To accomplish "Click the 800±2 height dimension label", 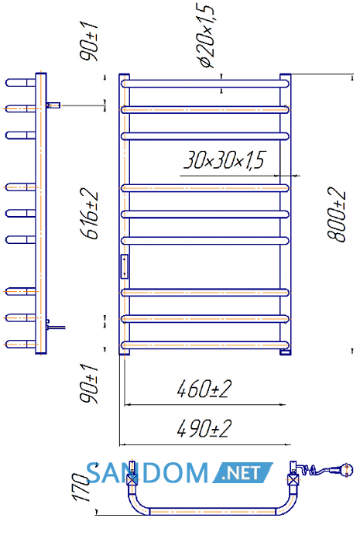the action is pyautogui.click(x=336, y=214).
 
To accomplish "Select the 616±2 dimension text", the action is pyautogui.click(x=89, y=214).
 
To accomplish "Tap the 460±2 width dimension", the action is pyautogui.click(x=204, y=389).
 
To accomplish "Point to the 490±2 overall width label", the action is pyautogui.click(x=204, y=429).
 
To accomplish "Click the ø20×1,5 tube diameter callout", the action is pyautogui.click(x=207, y=35).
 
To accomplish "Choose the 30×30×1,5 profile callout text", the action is pyautogui.click(x=225, y=160).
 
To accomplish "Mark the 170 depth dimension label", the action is pyautogui.click(x=81, y=487).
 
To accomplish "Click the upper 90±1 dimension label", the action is pyautogui.click(x=89, y=41).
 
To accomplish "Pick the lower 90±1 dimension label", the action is pyautogui.click(x=89, y=383).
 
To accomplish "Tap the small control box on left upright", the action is pyautogui.click(x=125, y=266).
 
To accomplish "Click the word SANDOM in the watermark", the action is pyautogui.click(x=147, y=472).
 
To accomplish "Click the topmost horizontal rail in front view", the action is pyautogui.click(x=205, y=84).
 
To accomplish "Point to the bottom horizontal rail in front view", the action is pyautogui.click(x=205, y=345).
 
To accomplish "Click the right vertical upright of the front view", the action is pyautogui.click(x=286, y=214).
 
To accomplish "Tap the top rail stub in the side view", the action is pyautogui.click(x=21, y=83).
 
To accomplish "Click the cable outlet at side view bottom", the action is pyautogui.click(x=56, y=326).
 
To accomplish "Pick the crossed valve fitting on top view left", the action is pyautogui.click(x=132, y=479).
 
